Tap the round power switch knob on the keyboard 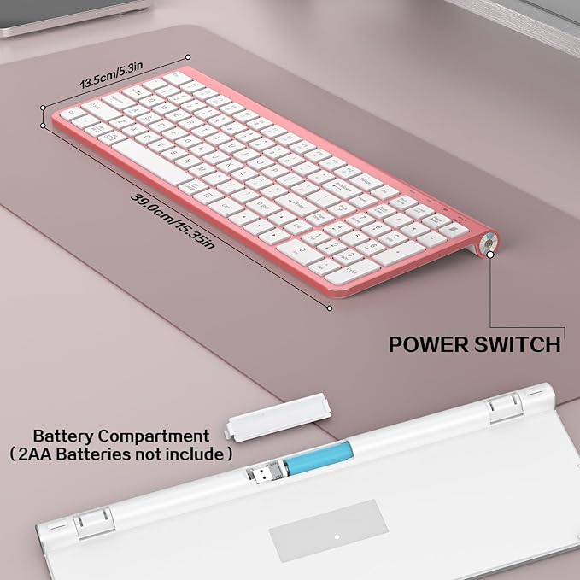point(490,242)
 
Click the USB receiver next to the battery point(261,472)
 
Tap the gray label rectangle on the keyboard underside point(329,530)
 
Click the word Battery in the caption point(62,436)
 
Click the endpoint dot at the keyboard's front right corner point(330,307)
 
